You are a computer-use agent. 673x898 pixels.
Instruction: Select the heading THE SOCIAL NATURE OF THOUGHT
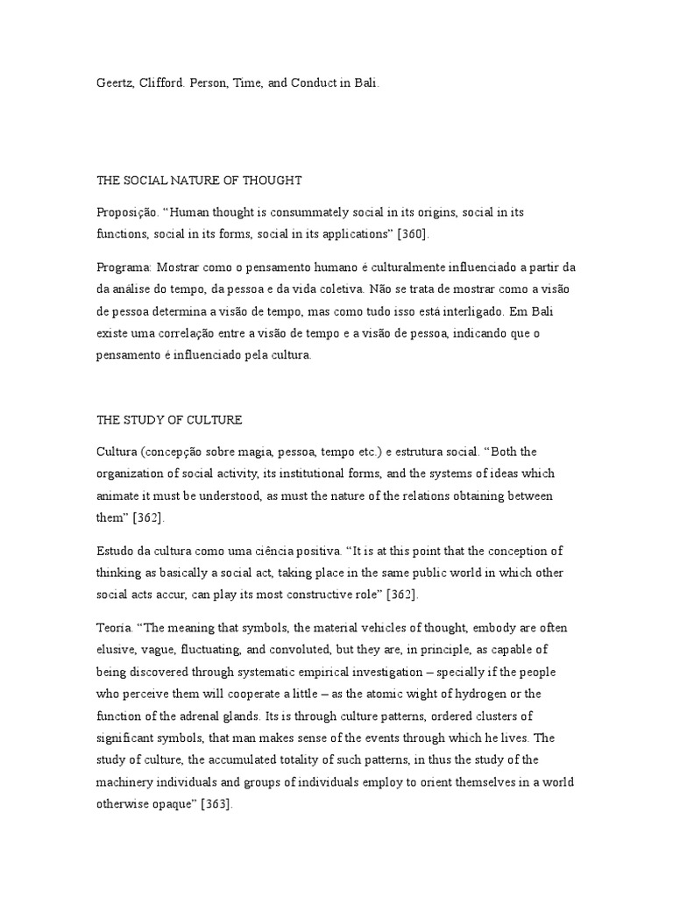point(199,181)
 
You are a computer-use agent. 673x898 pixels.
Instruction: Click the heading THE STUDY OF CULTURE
point(169,420)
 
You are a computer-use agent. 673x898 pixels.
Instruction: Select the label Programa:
point(124,267)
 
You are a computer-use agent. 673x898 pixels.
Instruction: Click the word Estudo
point(116,552)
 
